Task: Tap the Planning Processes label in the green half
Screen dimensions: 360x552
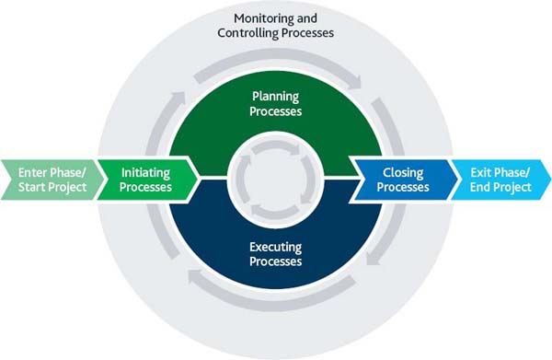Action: coord(276,104)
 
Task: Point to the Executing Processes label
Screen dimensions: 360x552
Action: coord(276,254)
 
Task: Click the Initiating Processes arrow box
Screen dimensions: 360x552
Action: coord(146,179)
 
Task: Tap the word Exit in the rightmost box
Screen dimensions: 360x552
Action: coord(482,171)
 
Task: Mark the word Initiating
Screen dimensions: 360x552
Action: coord(146,171)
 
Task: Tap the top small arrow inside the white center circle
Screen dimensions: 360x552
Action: coord(276,148)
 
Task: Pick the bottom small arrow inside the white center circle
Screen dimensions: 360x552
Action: coord(276,210)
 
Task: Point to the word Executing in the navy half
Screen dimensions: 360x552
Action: coord(276,247)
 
